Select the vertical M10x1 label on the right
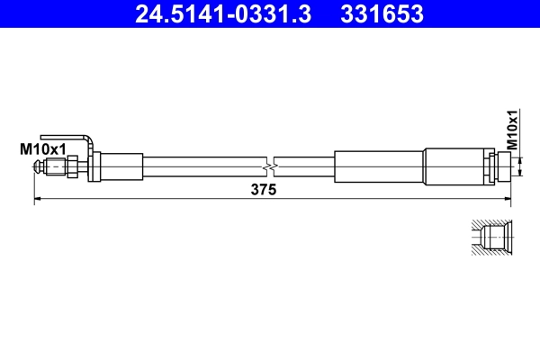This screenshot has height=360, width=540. click(512, 130)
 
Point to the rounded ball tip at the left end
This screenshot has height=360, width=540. click(38, 166)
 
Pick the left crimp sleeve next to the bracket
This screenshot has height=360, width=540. click(120, 166)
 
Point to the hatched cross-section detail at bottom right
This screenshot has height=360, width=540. click(490, 236)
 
